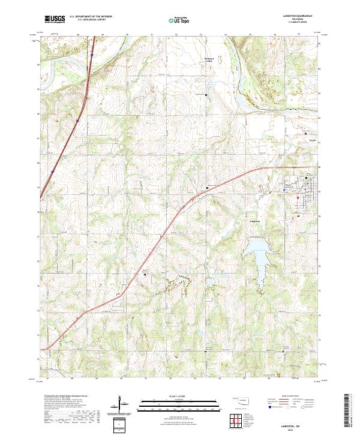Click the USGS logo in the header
coord(55,19)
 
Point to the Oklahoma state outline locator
coord(241,400)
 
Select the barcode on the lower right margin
coord(350,410)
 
